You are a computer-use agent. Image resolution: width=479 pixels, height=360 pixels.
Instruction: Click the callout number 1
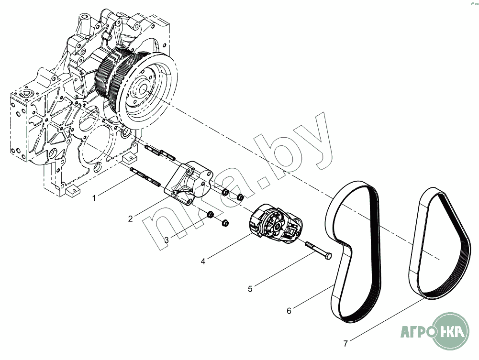tap(94, 197)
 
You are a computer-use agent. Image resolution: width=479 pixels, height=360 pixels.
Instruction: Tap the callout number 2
tap(130, 219)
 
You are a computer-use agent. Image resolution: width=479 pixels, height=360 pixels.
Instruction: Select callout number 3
tap(167, 240)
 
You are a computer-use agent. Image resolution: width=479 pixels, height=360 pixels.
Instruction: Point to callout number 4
tap(203, 262)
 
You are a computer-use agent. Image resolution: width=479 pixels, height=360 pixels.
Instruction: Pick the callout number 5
tap(250, 289)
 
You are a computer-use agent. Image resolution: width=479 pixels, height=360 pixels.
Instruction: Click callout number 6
tap(289, 311)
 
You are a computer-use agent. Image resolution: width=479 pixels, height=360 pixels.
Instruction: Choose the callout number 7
tap(345, 343)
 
